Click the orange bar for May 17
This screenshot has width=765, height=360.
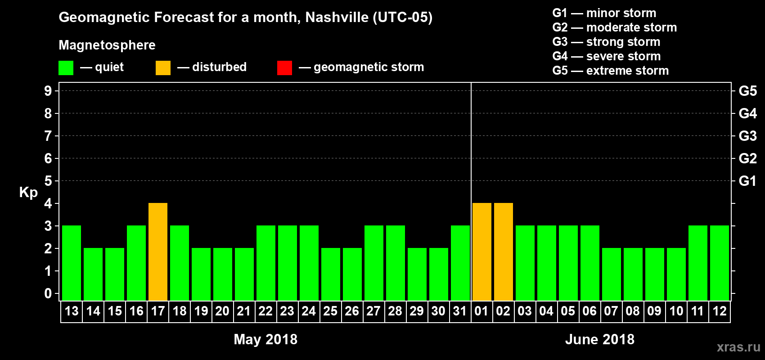158,252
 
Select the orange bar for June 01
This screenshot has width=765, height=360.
482,252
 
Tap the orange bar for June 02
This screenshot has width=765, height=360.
504,252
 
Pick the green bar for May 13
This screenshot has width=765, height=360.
72,263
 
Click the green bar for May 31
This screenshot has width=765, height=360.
460,263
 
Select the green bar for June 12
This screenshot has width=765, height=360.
720,263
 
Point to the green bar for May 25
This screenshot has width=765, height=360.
331,274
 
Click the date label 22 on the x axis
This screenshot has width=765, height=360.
265,311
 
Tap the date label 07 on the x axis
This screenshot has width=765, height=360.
611,311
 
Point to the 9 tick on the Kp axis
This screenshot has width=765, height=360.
48,91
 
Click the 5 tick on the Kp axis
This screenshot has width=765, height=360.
48,181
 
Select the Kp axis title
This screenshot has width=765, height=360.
28,192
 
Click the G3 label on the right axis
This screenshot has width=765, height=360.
747,136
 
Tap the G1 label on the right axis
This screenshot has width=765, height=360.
747,181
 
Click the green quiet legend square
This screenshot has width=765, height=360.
66,68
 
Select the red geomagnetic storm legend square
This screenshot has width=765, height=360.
284,68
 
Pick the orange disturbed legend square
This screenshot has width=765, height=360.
163,68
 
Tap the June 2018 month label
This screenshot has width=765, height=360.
599,339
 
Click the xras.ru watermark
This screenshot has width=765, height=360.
738,347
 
